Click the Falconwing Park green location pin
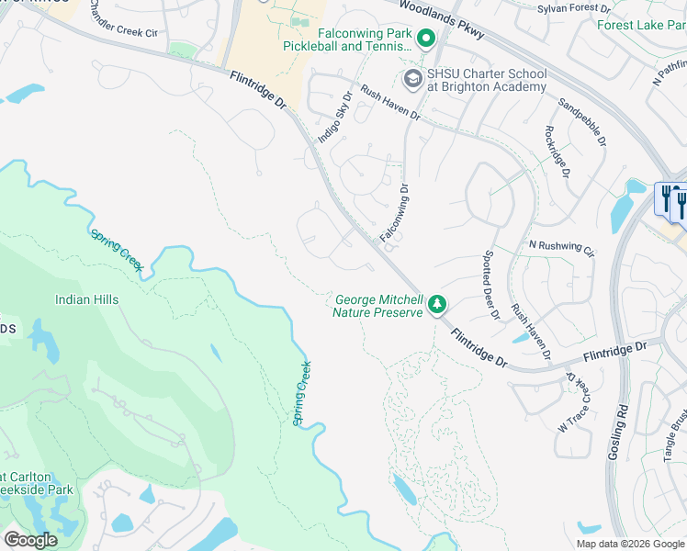coord(425,39)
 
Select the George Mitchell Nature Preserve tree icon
coord(438,304)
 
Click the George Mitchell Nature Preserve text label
coord(378,306)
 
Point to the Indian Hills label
coord(86,299)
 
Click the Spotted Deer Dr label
coord(490,286)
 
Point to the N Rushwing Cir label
coord(562,248)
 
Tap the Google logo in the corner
coord(30,539)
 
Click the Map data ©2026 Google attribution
coord(629,544)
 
